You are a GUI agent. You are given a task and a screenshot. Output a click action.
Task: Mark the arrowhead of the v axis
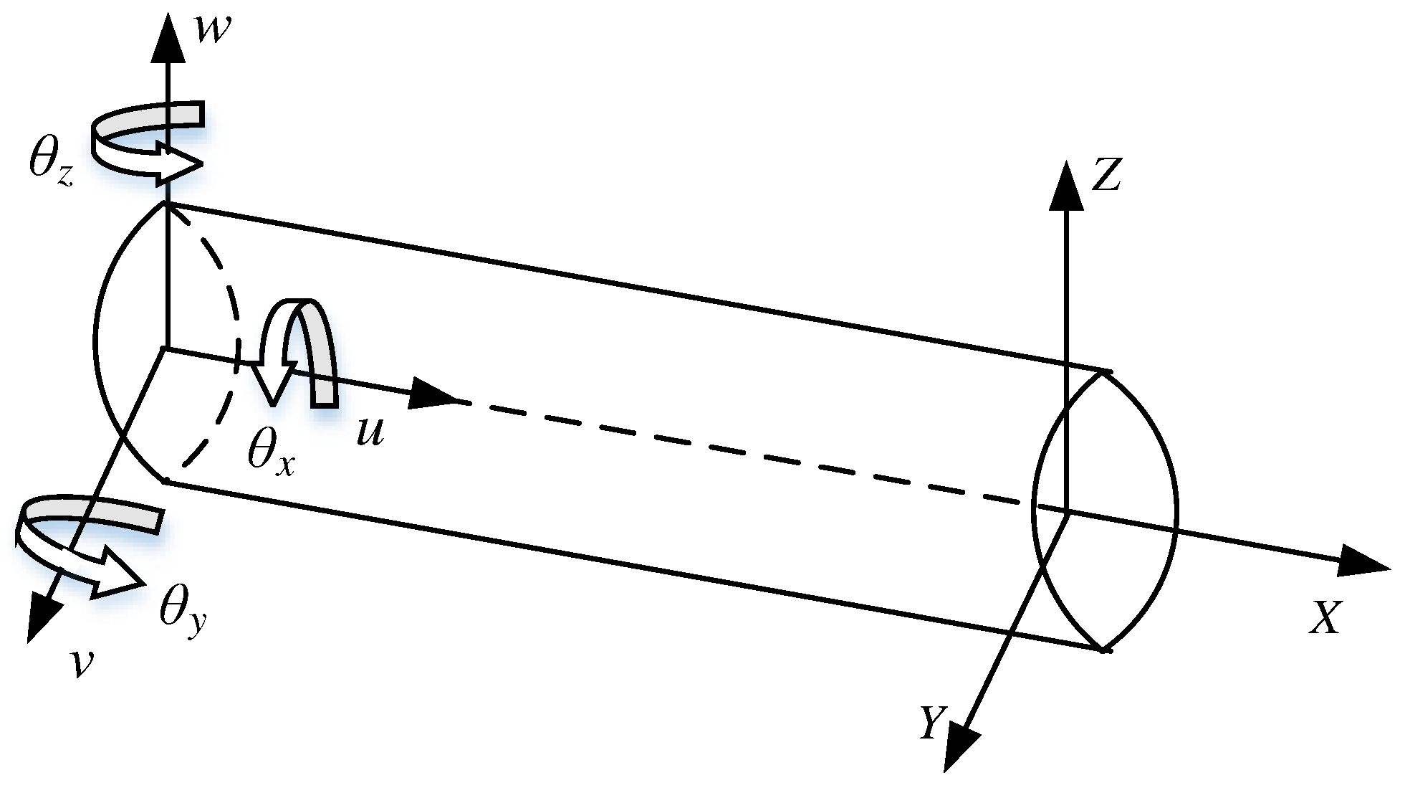pos(42,617)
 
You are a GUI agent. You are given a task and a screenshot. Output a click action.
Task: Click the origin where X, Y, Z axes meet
pos(1067,512)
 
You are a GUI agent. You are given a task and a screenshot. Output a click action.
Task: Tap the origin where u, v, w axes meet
pos(166,348)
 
